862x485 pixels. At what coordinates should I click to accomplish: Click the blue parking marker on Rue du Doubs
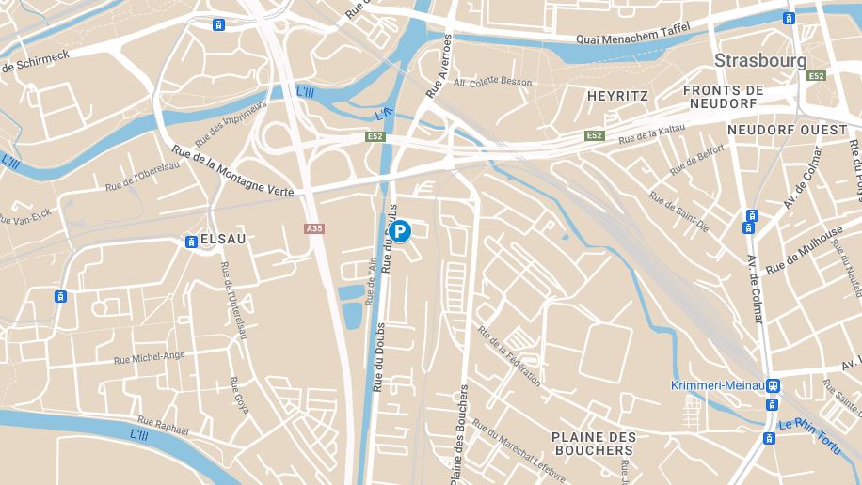point(400,231)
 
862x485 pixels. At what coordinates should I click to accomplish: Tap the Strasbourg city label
point(759,60)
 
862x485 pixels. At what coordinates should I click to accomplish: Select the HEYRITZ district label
point(617,96)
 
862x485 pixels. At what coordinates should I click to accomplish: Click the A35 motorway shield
point(314,228)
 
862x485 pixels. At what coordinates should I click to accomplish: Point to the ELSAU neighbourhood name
point(223,240)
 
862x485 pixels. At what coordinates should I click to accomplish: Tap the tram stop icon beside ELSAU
point(191,242)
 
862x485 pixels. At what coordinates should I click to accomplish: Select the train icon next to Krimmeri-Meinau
point(773,385)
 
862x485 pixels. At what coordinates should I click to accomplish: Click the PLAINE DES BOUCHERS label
point(593,444)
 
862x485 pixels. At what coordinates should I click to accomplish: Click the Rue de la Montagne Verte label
point(233,172)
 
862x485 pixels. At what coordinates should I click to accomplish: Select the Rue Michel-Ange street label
point(149,358)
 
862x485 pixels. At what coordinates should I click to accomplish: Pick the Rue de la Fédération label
point(509,356)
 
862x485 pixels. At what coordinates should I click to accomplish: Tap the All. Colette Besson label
point(492,82)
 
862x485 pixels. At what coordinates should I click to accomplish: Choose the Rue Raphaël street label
point(163,426)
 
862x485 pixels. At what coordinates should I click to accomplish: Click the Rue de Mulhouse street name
point(804,251)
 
